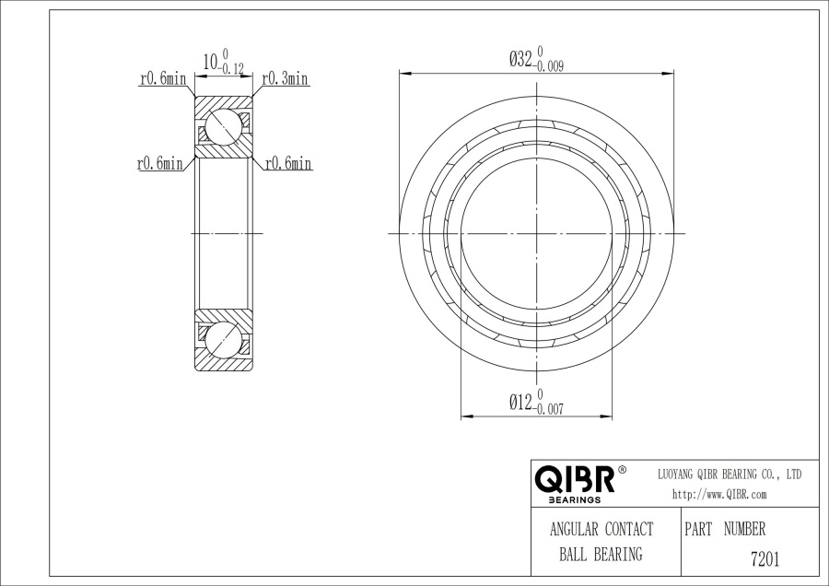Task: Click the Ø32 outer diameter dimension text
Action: tap(520, 59)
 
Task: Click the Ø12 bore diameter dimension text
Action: tap(520, 403)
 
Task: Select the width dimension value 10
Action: tap(210, 62)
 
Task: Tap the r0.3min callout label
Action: tap(285, 79)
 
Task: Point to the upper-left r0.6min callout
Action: tap(163, 79)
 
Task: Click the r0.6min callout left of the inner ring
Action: tap(159, 163)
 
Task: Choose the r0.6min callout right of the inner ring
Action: tap(288, 163)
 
